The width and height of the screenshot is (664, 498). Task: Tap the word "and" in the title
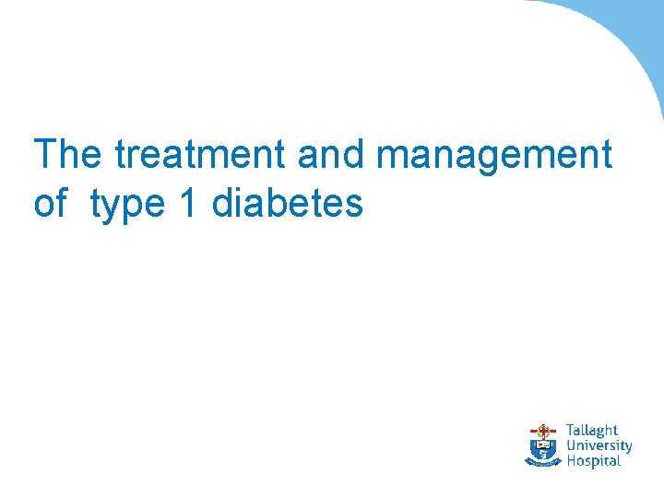click(331, 154)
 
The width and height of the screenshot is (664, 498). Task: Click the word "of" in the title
click(51, 203)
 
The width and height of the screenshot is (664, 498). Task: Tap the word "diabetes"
click(288, 203)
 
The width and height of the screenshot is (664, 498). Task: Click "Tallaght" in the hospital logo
click(591, 431)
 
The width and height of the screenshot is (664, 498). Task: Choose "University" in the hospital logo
click(599, 445)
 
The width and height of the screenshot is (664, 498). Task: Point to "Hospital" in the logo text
click(592, 461)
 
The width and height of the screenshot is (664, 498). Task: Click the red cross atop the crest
click(543, 429)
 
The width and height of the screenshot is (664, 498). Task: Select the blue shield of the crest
click(543, 448)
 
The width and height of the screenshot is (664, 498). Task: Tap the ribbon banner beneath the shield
click(543, 463)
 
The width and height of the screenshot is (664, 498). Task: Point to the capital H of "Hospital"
click(571, 460)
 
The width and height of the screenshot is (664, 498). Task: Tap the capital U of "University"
click(571, 445)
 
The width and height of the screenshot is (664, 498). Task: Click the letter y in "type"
click(113, 208)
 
